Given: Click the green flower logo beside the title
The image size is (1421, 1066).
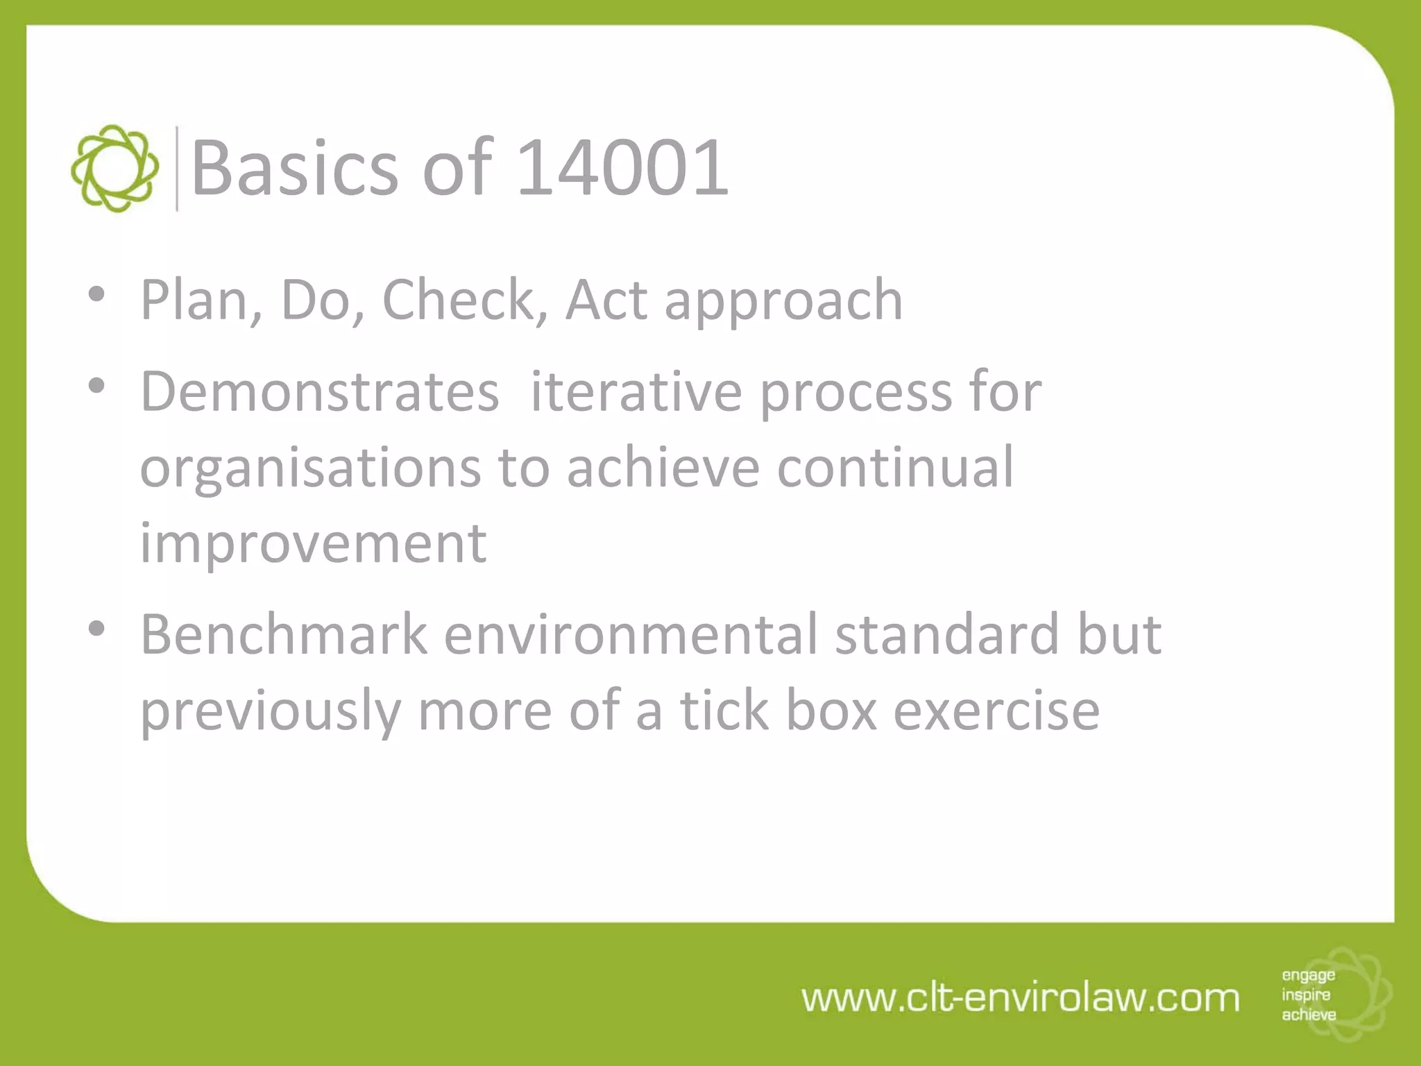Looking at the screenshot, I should (x=114, y=169).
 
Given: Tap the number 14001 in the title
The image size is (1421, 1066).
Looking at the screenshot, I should (x=622, y=167).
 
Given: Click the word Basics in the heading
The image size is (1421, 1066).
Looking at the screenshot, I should (x=295, y=167).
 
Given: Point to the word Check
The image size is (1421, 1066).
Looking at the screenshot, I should (x=457, y=300).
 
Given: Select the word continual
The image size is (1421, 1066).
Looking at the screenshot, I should (x=895, y=467).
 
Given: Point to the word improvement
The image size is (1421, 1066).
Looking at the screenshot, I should (x=314, y=543).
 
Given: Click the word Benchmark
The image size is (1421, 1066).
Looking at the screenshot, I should (x=284, y=634).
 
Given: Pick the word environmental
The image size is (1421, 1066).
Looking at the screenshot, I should (x=631, y=634).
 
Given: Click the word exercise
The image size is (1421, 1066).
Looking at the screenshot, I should (x=996, y=711).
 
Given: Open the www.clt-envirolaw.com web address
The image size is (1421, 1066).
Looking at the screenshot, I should (x=1020, y=998).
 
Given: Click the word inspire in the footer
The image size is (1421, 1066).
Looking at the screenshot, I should (x=1306, y=995).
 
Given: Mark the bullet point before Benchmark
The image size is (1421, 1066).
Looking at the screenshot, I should (x=97, y=629).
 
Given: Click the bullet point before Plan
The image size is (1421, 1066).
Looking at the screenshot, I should (x=97, y=294).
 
